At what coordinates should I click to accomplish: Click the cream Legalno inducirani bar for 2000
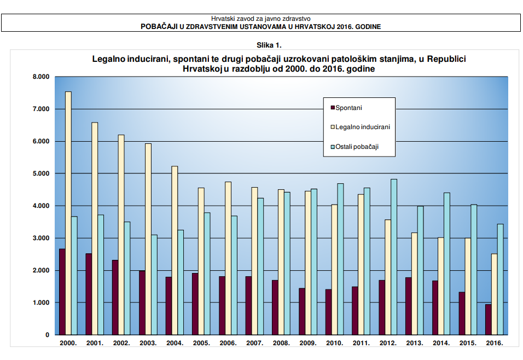tap(68, 213)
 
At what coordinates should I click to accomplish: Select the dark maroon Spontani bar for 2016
tap(489, 320)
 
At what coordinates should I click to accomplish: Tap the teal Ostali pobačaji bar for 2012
tap(394, 257)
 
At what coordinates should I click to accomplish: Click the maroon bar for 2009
tap(301, 311)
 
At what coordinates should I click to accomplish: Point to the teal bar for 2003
tap(154, 284)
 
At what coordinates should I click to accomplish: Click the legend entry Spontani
tap(348, 108)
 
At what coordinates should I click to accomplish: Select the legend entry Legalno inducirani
tap(362, 127)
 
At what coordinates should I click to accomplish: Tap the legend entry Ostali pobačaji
tap(357, 147)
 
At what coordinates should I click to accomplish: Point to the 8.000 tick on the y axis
tap(41, 77)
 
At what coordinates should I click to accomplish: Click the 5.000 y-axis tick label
tap(41, 173)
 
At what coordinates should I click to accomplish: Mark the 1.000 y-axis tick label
tap(41, 303)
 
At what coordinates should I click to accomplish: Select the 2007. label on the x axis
tap(254, 343)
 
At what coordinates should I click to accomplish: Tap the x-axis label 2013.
tap(414, 343)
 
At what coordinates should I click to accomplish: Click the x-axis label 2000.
tap(68, 343)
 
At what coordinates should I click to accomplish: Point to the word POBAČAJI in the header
tap(161, 26)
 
